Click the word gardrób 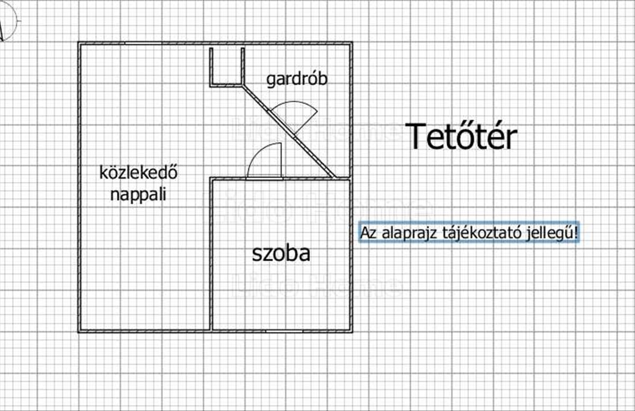[x=297, y=79]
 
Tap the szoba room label [x=280, y=254]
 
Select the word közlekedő [x=138, y=172]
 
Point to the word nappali [x=138, y=195]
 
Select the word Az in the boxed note [x=367, y=233]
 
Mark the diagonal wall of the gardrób [x=288, y=130]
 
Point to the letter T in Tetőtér [x=416, y=136]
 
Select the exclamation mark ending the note [x=575, y=233]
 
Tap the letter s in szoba [x=256, y=255]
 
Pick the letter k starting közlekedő [x=103, y=172]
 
